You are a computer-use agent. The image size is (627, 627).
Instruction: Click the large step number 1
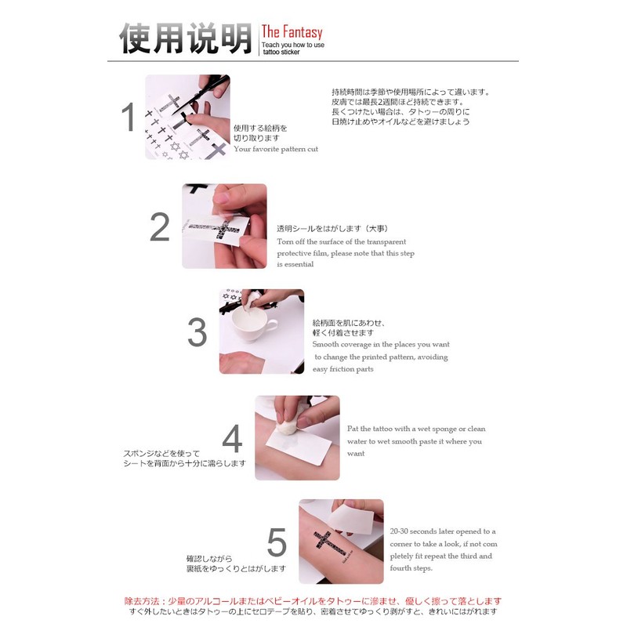click(129, 117)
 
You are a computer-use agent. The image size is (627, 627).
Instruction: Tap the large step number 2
click(160, 227)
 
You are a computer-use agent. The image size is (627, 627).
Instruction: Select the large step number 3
click(198, 332)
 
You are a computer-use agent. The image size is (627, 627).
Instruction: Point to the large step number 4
click(232, 438)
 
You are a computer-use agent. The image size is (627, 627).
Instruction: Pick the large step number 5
click(277, 542)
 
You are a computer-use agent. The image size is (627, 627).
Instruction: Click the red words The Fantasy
click(292, 32)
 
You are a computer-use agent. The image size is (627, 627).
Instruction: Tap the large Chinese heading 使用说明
click(186, 38)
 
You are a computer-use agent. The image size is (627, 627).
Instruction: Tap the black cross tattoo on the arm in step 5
click(330, 545)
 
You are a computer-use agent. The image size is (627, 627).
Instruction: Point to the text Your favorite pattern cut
click(276, 149)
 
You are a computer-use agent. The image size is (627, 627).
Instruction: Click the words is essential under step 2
click(295, 264)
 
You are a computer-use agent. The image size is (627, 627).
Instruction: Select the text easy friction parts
click(343, 369)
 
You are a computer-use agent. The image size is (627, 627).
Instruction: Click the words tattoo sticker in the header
click(281, 52)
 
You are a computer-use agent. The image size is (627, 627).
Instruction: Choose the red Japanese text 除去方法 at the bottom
click(142, 601)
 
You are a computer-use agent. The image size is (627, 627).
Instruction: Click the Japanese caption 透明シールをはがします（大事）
click(332, 229)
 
